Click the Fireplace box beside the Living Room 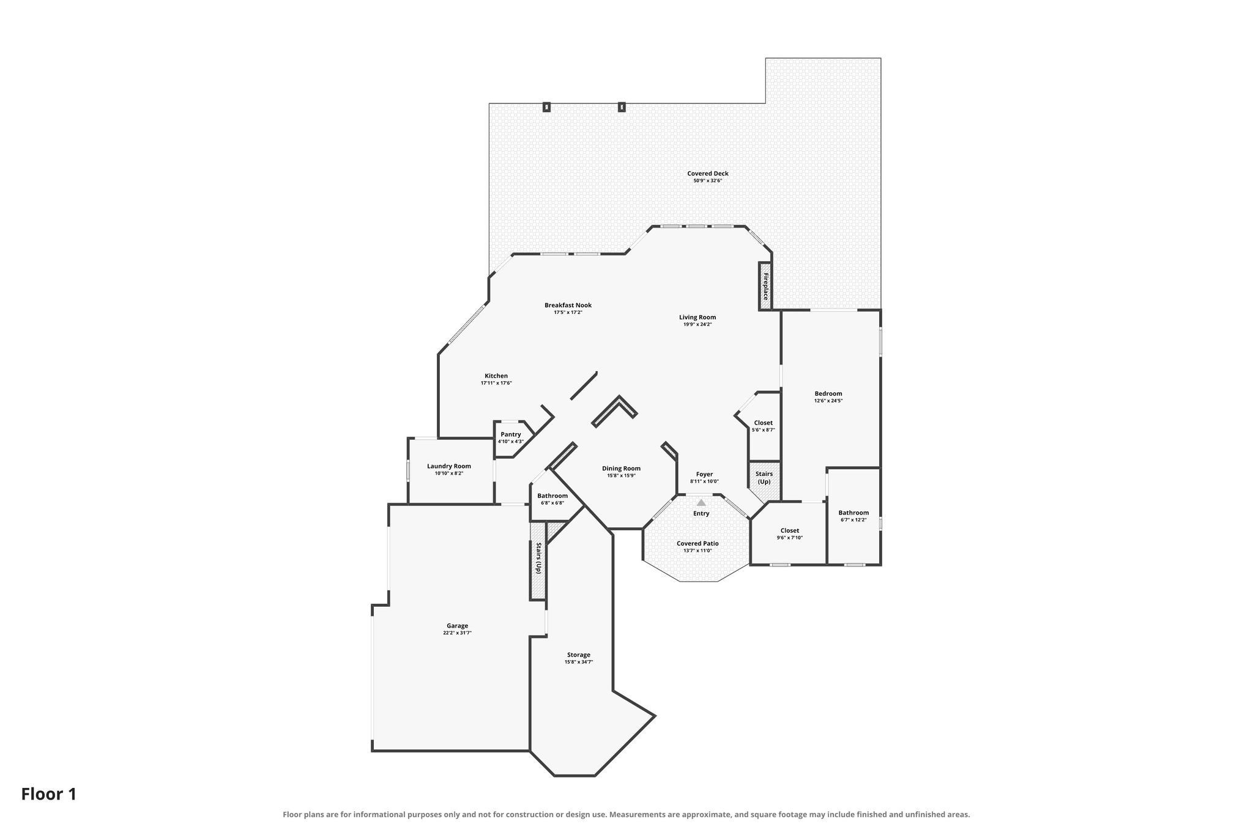pyautogui.click(x=765, y=286)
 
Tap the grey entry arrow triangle pyautogui.click(x=701, y=502)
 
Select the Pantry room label pyautogui.click(x=511, y=434)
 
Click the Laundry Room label pyautogui.click(x=449, y=466)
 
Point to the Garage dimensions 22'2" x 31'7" pyautogui.click(x=458, y=633)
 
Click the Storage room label pyautogui.click(x=579, y=655)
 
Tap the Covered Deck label pyautogui.click(x=708, y=174)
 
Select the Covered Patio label pyautogui.click(x=697, y=543)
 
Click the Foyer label pyautogui.click(x=704, y=474)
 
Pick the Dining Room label pyautogui.click(x=622, y=469)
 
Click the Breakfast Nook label pyautogui.click(x=568, y=305)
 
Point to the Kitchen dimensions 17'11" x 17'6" pyautogui.click(x=496, y=383)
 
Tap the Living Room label pyautogui.click(x=697, y=317)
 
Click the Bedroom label pyautogui.click(x=828, y=393)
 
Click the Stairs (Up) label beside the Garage pyautogui.click(x=539, y=558)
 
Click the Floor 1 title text pyautogui.click(x=49, y=794)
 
